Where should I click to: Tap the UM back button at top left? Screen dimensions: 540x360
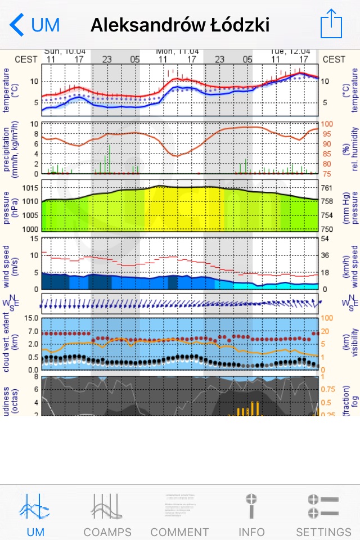(x=35, y=25)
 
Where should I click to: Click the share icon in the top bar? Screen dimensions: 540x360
(x=331, y=24)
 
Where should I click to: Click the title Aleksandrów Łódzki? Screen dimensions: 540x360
(x=180, y=25)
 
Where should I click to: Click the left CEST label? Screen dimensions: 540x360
(x=26, y=59)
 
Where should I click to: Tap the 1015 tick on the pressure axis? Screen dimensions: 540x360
(x=29, y=188)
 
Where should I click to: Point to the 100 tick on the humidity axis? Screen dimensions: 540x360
(x=327, y=124)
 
